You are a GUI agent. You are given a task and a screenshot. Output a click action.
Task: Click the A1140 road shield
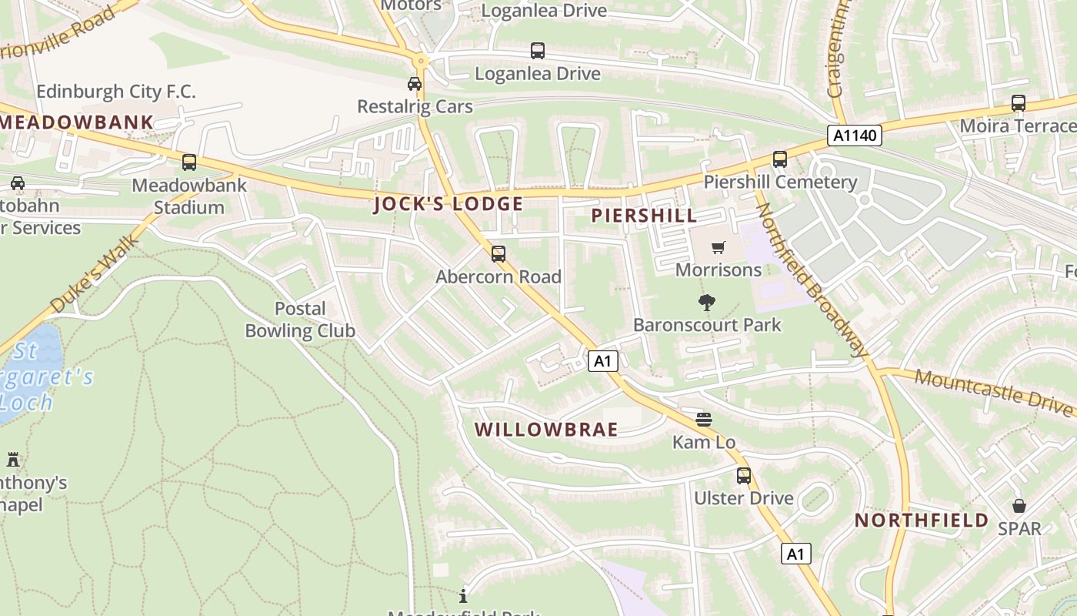(855, 136)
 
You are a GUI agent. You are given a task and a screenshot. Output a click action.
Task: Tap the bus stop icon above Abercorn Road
(498, 253)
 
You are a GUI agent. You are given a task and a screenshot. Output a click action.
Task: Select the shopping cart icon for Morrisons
(719, 247)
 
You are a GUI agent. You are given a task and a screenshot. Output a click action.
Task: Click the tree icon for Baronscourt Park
(706, 302)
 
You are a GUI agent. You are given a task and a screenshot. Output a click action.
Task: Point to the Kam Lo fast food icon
(704, 419)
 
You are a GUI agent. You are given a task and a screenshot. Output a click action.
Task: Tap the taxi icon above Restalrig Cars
(415, 83)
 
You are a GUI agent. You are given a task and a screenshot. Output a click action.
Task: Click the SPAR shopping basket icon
(1019, 506)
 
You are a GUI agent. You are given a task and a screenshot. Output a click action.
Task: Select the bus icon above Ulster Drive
(743, 475)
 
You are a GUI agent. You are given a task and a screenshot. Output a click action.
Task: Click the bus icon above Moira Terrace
(1019, 102)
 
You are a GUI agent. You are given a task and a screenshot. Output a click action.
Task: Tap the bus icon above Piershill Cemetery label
(780, 159)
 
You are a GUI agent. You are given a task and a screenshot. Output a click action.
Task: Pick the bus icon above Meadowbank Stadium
(189, 162)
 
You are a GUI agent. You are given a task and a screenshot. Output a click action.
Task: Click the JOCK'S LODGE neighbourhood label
(448, 204)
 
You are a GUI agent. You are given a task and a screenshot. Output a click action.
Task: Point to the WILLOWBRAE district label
(546, 430)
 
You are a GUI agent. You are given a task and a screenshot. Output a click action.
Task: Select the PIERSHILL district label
(644, 216)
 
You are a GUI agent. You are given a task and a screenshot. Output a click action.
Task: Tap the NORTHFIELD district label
(922, 521)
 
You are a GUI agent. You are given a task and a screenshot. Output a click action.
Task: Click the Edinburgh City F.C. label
(116, 92)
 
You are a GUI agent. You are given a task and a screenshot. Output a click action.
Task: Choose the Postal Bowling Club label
(300, 320)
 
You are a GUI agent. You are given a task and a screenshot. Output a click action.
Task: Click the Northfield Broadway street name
(812, 280)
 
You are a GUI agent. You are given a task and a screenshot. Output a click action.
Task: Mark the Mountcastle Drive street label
(995, 390)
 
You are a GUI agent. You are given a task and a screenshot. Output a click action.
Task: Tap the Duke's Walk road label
(95, 274)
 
